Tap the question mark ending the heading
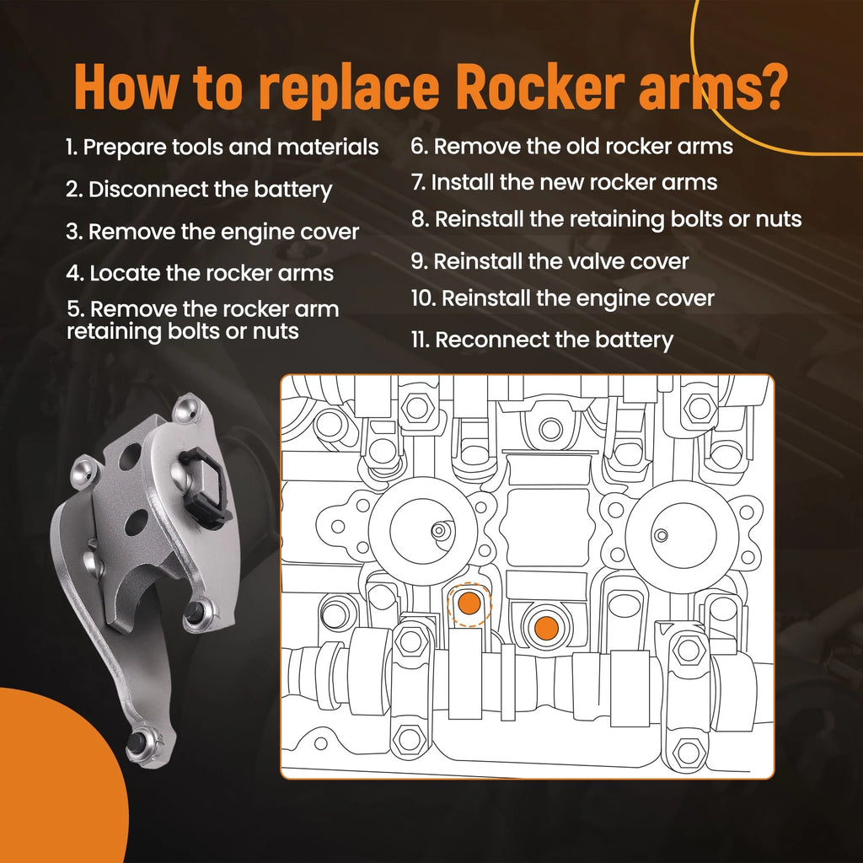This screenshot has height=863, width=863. (769, 87)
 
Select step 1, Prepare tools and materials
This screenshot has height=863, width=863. (222, 147)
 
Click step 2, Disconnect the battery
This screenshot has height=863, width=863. (199, 190)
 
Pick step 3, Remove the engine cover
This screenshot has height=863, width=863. (212, 232)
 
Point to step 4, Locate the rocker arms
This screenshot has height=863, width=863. (200, 273)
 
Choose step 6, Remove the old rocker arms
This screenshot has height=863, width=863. (572, 147)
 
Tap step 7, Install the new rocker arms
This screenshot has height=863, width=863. (564, 182)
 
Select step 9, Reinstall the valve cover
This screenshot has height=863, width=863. (549, 261)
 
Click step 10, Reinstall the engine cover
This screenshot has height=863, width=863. (562, 298)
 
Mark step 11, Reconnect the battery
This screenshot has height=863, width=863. (542, 340)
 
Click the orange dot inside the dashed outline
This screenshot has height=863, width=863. (469, 603)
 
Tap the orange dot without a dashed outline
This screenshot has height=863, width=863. (546, 628)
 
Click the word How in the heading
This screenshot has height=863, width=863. (127, 87)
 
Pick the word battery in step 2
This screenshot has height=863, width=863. (292, 190)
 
